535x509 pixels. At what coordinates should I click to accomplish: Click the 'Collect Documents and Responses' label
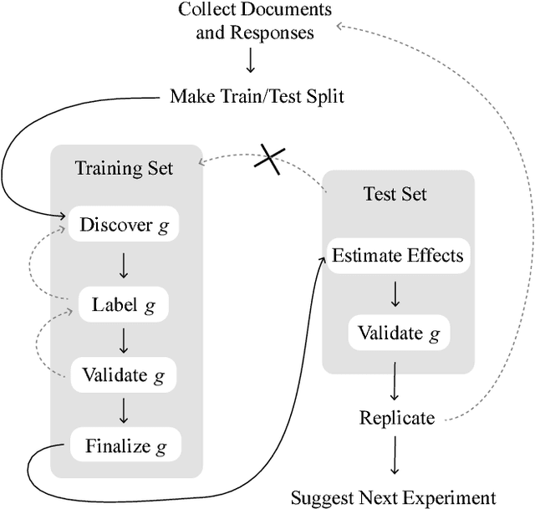coord(256,22)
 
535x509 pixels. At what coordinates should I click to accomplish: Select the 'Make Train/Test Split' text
coord(257,95)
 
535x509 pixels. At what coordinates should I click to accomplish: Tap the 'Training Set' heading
coord(125,168)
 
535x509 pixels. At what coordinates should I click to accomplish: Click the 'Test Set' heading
coord(395,194)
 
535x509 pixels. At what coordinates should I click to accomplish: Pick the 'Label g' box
coord(123,305)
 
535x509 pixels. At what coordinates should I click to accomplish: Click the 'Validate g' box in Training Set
coord(124,374)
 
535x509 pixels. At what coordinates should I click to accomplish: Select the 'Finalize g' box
coord(124,445)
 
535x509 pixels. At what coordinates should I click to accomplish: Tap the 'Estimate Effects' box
coord(397,255)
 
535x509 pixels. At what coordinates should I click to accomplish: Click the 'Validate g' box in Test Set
coord(398,333)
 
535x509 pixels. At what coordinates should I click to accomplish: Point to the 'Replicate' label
coord(397,418)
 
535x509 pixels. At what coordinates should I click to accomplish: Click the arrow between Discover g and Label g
coord(124,265)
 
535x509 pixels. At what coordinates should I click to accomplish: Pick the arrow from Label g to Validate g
coord(124,340)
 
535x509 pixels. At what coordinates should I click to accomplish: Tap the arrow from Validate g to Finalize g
coord(124,410)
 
